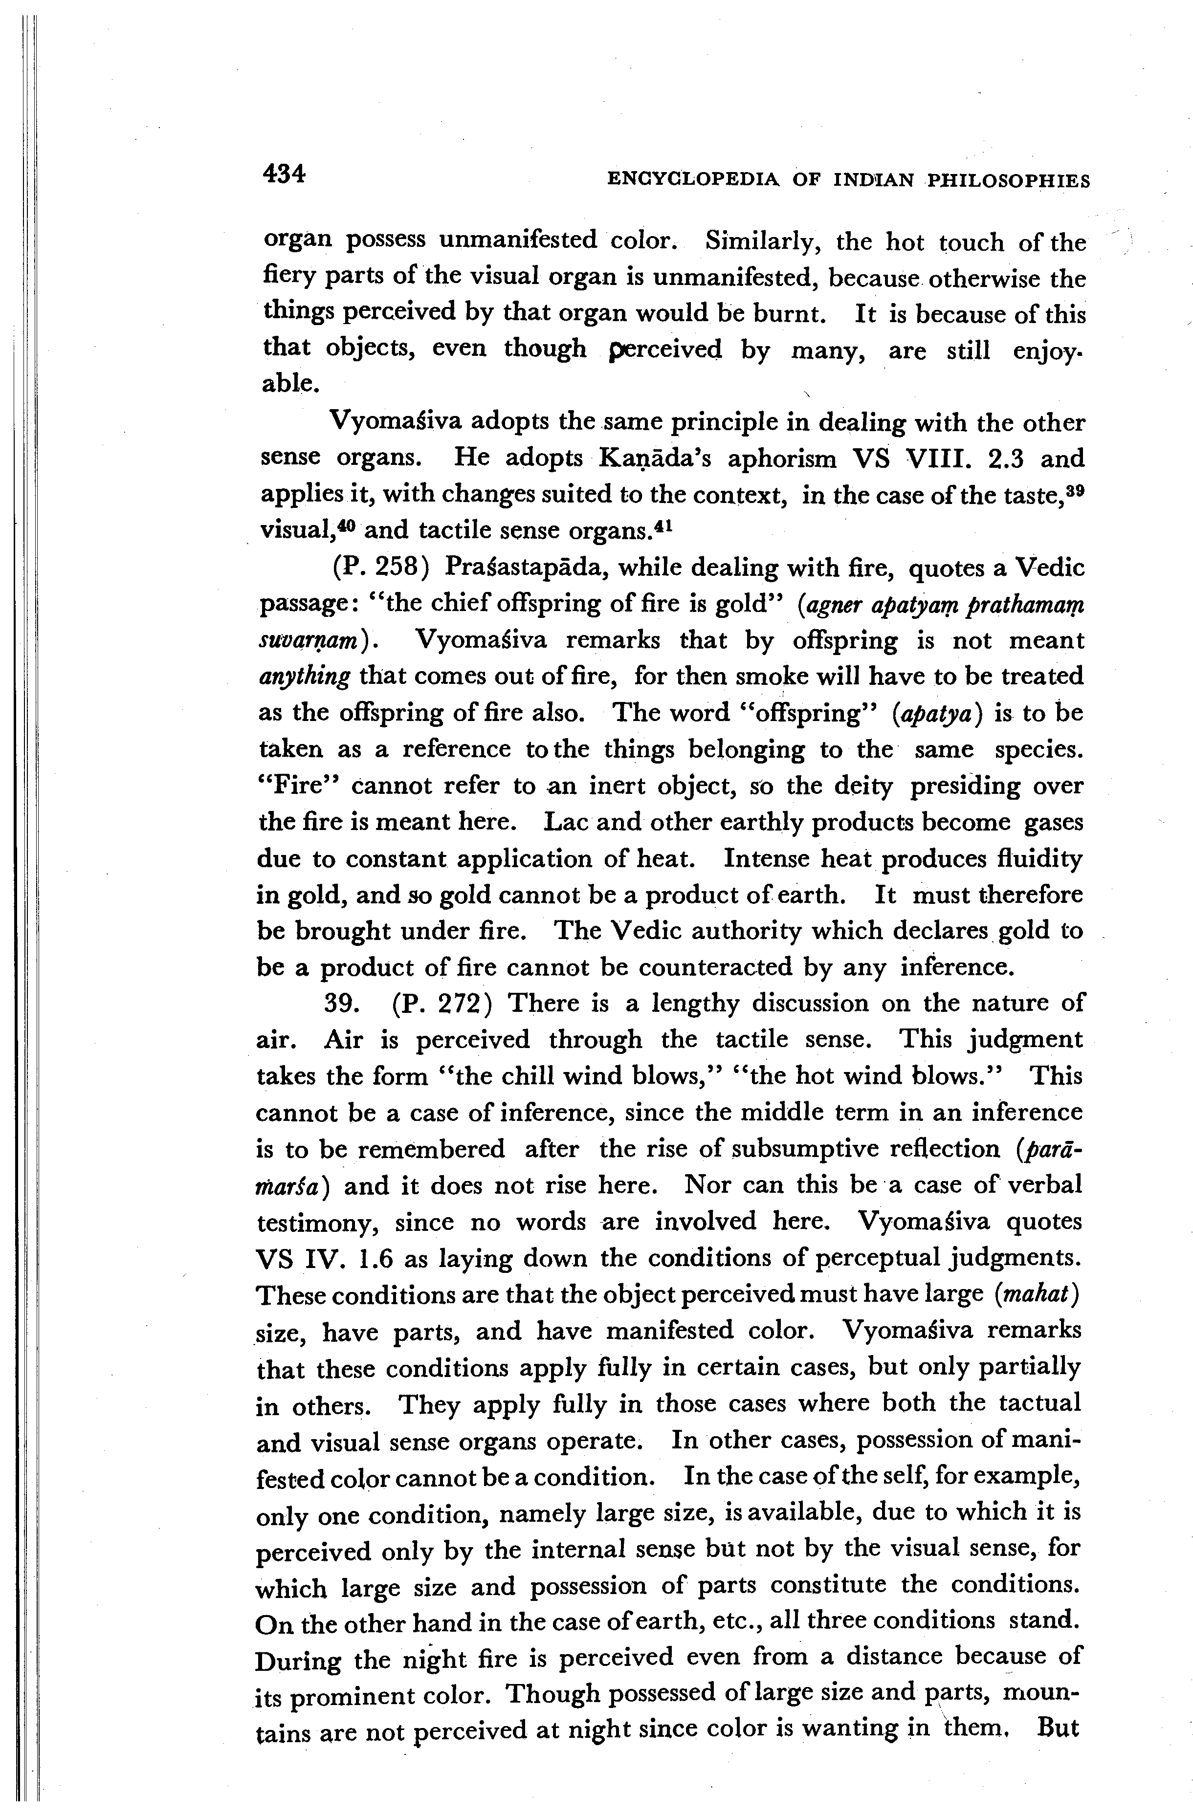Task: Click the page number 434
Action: (x=283, y=175)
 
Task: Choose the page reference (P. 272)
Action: (x=441, y=1003)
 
